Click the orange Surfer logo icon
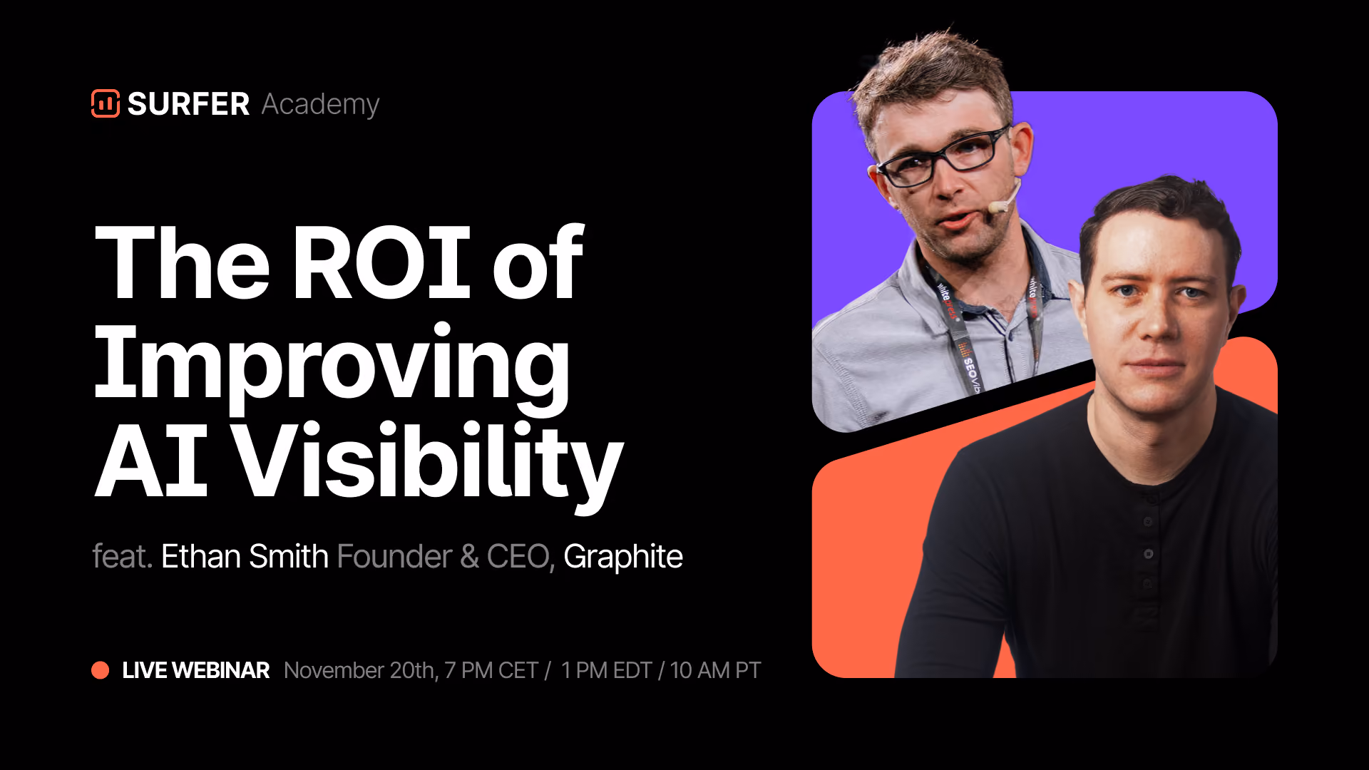tap(106, 103)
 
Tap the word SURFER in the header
tap(188, 104)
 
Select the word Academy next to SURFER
tap(320, 105)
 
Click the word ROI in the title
tap(381, 262)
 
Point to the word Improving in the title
tap(332, 367)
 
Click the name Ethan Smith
tap(245, 556)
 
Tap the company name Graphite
tap(623, 557)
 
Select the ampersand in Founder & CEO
tap(469, 557)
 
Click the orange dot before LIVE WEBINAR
tap(101, 670)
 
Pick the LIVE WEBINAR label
tap(196, 670)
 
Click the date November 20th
tap(361, 670)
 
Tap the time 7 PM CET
tap(491, 670)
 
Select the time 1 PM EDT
tap(606, 670)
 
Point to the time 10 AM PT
tap(715, 670)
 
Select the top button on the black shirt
tap(1148, 522)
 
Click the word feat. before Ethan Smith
tap(123, 556)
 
